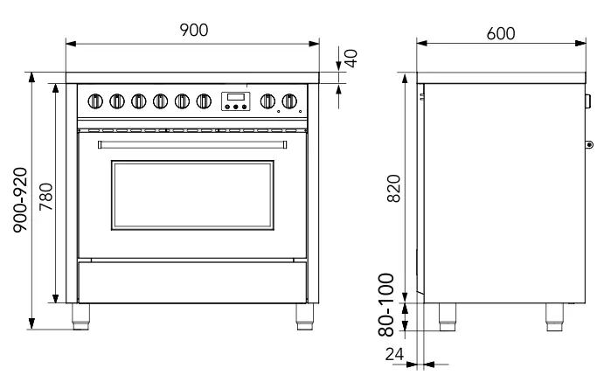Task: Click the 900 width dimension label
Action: click(x=193, y=30)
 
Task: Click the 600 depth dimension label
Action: click(x=501, y=31)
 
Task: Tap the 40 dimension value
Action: click(x=351, y=59)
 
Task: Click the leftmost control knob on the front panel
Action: click(x=93, y=101)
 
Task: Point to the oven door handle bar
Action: click(x=192, y=142)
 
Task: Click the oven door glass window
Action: click(x=192, y=193)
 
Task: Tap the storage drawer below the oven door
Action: click(x=192, y=282)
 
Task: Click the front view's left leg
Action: click(x=80, y=315)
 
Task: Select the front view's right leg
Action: click(x=306, y=315)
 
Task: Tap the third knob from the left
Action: click(x=137, y=101)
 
